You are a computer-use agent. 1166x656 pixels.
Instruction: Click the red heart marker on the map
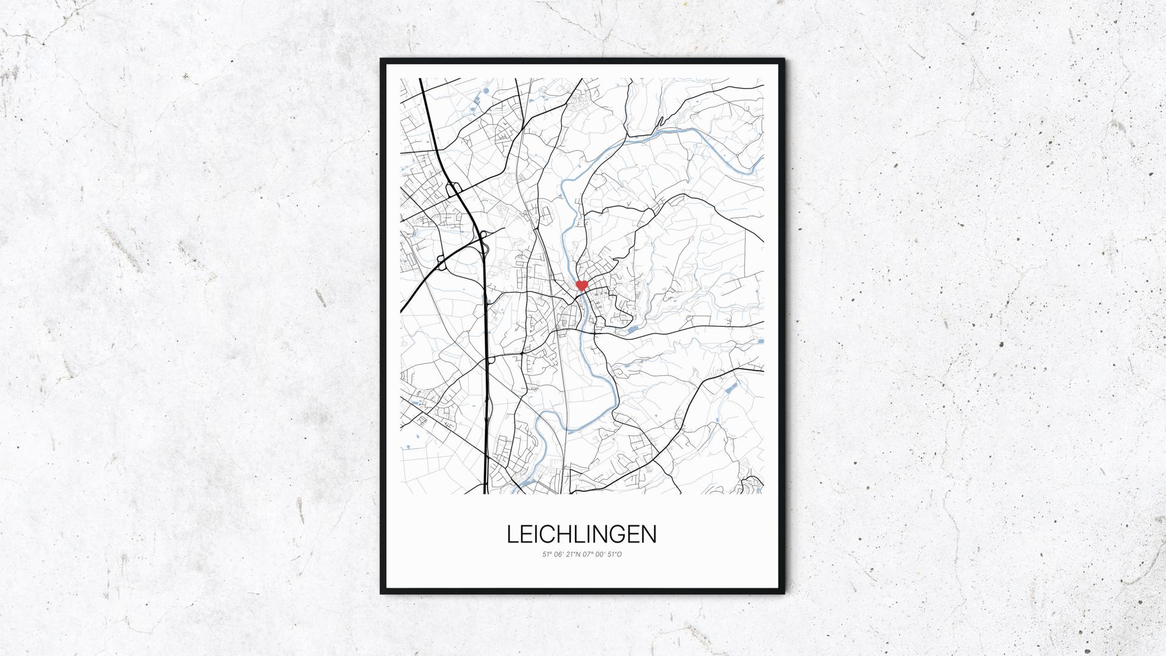point(582,284)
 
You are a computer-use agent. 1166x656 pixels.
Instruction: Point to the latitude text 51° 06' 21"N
point(562,555)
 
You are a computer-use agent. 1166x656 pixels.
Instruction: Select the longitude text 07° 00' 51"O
point(602,555)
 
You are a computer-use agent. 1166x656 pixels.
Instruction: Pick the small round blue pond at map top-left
point(486,93)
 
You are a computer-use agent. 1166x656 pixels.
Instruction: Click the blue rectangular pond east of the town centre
point(632,330)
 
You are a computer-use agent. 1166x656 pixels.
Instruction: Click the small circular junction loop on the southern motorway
point(490,360)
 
